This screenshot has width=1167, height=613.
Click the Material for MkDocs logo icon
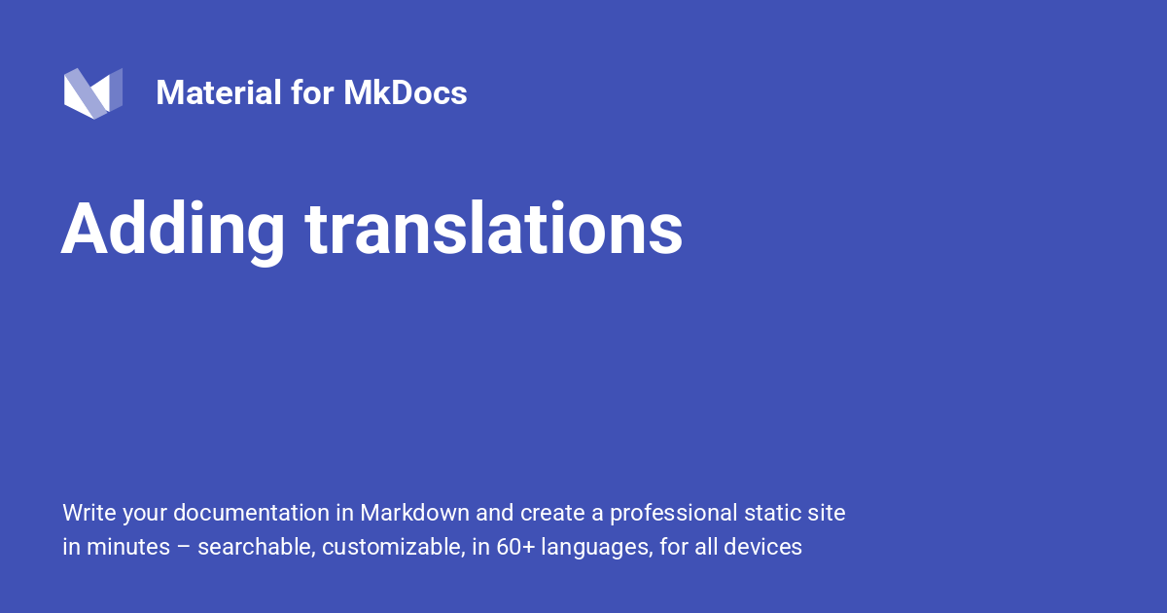93,93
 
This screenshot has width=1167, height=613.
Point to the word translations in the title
494,230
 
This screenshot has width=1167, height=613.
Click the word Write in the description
88,513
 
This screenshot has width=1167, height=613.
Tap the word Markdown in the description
415,513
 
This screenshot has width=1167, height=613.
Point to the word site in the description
827,513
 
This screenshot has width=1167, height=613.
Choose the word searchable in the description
256,547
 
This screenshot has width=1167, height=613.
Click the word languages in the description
595,547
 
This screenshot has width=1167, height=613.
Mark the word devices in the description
767,547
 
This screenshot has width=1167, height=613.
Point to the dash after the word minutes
184,547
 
